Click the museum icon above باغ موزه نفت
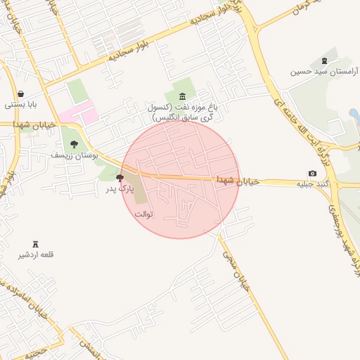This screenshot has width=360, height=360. [x=183, y=96]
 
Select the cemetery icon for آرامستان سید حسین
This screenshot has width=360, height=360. [x=323, y=61]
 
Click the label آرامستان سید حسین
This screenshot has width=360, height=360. [x=323, y=72]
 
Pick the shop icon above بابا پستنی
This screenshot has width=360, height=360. [x=21, y=94]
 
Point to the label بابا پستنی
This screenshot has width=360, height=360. [x=21, y=105]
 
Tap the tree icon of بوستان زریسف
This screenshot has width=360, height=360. [x=74, y=144]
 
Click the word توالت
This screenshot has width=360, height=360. [x=143, y=213]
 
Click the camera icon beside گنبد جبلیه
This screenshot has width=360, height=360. [x=312, y=173]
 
